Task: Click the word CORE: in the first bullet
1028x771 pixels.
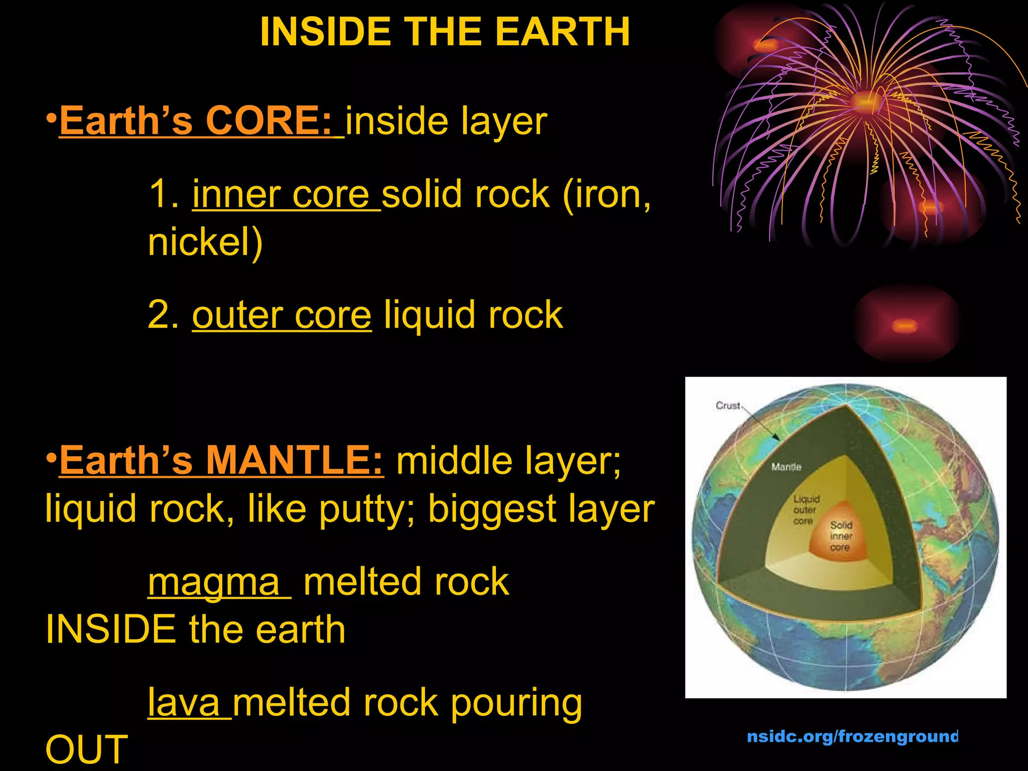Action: click(x=269, y=121)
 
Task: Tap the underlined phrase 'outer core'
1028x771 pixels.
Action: click(x=282, y=315)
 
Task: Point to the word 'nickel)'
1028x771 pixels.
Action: click(x=205, y=242)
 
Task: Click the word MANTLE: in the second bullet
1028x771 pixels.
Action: click(x=295, y=460)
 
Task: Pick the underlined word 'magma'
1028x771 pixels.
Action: click(x=214, y=582)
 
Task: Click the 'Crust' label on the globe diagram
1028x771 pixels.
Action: click(x=728, y=406)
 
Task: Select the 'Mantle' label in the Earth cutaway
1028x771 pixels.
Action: click(x=786, y=467)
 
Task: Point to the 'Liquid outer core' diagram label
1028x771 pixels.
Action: click(x=806, y=510)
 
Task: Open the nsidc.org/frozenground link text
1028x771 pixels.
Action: click(x=852, y=736)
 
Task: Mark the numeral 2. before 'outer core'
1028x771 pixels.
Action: click(x=163, y=315)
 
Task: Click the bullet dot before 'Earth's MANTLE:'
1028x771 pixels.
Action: click(x=51, y=458)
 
